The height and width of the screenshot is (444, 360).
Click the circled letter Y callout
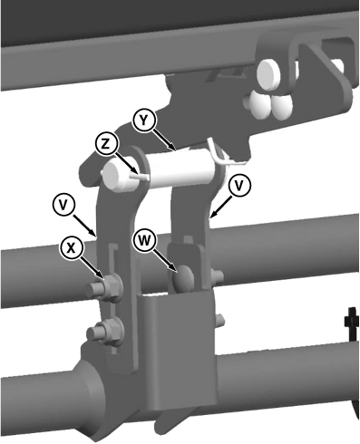[x=144, y=121]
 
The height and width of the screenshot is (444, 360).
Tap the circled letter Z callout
[x=106, y=144]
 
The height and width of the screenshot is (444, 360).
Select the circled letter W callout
[x=144, y=241]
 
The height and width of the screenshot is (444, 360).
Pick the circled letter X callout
[x=72, y=248]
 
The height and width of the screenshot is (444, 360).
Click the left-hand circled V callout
[x=63, y=206]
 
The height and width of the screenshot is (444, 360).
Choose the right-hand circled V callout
[x=239, y=187]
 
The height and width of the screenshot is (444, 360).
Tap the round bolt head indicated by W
[x=183, y=278]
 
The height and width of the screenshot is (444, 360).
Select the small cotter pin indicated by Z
[x=139, y=176]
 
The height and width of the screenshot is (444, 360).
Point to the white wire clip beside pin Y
[x=223, y=152]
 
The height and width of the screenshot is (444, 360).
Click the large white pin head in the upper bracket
[x=269, y=74]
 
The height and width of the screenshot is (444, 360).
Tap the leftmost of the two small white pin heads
[x=259, y=105]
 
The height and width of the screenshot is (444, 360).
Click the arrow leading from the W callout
[x=166, y=260]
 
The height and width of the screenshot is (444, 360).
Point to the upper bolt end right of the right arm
[x=219, y=275]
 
